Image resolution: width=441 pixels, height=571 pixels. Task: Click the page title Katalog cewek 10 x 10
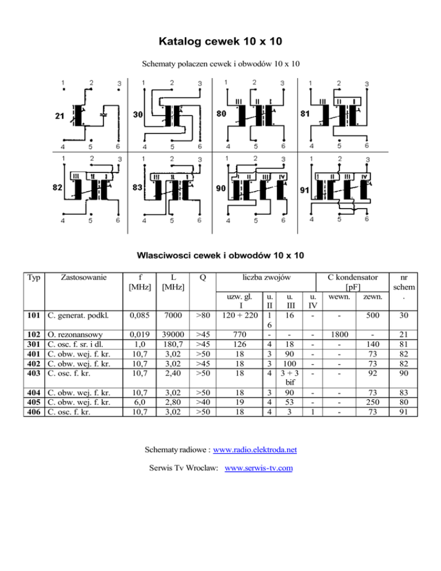tap(220, 41)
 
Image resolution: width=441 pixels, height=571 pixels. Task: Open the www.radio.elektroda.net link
tap(255, 450)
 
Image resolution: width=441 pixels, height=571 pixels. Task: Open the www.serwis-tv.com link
tap(258, 468)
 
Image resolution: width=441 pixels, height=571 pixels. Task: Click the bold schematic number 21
tap(60, 116)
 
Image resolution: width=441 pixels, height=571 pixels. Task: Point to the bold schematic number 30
tap(138, 115)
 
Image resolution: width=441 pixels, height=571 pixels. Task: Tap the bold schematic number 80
tap(222, 114)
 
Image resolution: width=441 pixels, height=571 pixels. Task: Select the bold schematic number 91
tap(304, 190)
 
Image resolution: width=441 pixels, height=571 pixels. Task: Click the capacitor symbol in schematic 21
tap(104, 114)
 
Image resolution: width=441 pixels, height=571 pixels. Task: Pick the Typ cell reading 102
tap(33, 334)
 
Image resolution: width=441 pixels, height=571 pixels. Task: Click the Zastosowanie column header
tap(84, 277)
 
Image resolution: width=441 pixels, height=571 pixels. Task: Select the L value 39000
tap(173, 334)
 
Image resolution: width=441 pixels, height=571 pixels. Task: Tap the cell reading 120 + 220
tap(239, 315)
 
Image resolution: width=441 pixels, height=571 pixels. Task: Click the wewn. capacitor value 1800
tap(339, 334)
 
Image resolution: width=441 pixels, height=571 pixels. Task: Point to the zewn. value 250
tap(373, 402)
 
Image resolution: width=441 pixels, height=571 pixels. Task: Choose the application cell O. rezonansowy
tap(75, 334)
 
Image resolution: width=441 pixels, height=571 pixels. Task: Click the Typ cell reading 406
tap(33, 412)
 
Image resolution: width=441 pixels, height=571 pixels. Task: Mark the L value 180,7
tap(173, 344)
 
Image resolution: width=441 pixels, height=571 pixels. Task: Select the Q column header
tap(203, 277)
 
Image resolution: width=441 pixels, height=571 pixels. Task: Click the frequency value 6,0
tap(140, 402)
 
